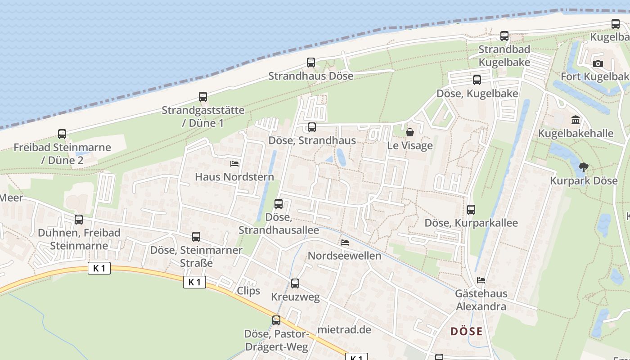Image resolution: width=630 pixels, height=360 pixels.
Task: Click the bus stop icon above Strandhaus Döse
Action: (311, 63)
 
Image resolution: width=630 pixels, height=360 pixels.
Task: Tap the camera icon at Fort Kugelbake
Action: (598, 63)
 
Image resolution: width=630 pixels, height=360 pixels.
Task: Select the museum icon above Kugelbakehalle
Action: (576, 120)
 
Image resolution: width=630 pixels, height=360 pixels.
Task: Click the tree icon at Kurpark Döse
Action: (584, 168)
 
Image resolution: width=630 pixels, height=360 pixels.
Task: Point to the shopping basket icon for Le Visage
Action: (410, 132)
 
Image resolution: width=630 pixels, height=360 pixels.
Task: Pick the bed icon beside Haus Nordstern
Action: (234, 164)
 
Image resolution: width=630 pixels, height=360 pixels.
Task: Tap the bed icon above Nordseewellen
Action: (345, 243)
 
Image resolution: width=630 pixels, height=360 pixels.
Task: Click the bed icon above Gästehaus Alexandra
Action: (481, 280)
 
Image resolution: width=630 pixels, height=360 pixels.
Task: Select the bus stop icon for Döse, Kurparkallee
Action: (471, 210)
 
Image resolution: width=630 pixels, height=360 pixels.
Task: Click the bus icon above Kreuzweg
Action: (295, 283)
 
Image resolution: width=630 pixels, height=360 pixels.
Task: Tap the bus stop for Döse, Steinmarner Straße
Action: (196, 237)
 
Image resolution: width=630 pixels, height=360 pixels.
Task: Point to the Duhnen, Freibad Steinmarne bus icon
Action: (79, 220)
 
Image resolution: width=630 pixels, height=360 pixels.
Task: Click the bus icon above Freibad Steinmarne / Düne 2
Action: (62, 134)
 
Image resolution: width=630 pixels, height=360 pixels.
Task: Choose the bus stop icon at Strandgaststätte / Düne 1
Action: (203, 97)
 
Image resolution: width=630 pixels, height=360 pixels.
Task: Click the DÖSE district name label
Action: (466, 332)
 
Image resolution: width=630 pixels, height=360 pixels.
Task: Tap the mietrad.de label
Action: (344, 329)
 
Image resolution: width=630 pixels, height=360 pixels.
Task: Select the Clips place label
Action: (248, 291)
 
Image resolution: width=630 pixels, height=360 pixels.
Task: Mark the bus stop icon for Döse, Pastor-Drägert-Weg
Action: (276, 320)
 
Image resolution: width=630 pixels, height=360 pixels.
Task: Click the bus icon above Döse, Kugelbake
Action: (477, 80)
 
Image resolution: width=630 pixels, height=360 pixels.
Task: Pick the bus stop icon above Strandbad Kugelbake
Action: (504, 36)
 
